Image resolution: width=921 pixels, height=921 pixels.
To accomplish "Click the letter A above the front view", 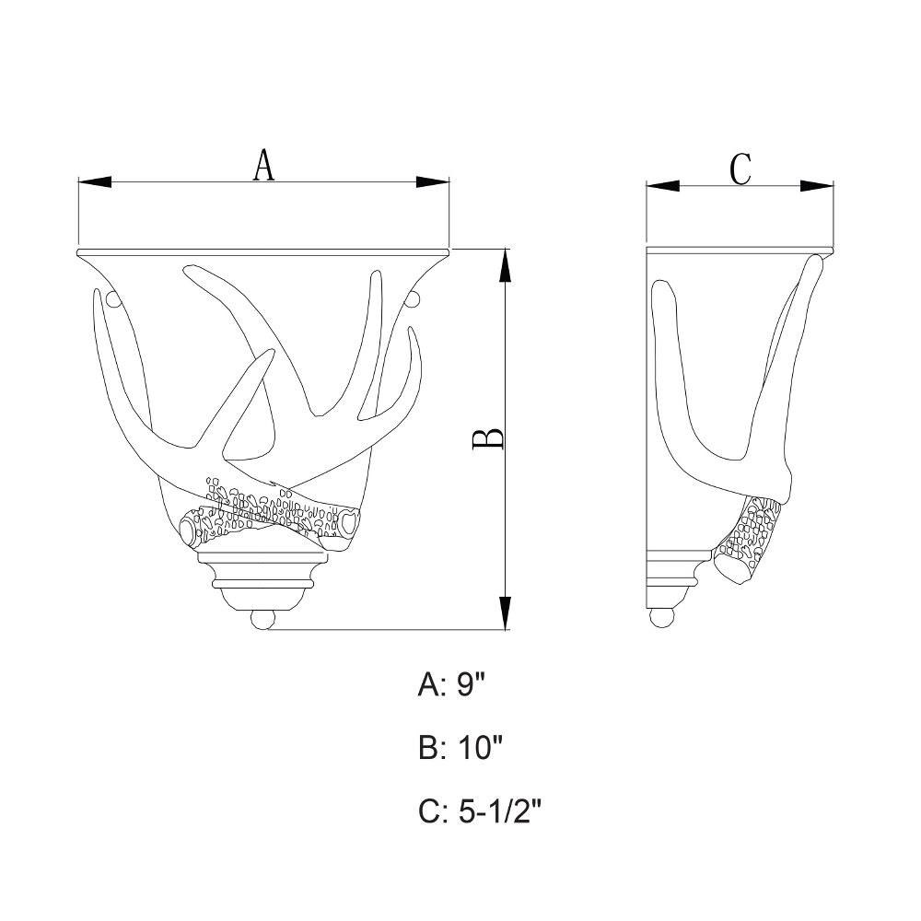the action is [263, 165].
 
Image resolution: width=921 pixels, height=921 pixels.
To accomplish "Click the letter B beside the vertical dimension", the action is [488, 438].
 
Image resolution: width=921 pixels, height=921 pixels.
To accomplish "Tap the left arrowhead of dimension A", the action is [95, 182].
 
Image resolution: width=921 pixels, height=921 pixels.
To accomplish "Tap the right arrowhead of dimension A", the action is [432, 182].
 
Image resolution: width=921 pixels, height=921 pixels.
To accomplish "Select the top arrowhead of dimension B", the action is [505, 266].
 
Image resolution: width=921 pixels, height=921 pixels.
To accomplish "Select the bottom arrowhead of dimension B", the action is [505, 612].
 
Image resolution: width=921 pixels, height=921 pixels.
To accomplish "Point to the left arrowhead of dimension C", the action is [662, 186].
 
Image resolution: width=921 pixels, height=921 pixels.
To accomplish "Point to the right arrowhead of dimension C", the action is [817, 186].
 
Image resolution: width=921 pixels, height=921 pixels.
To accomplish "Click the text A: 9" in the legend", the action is [452, 684].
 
